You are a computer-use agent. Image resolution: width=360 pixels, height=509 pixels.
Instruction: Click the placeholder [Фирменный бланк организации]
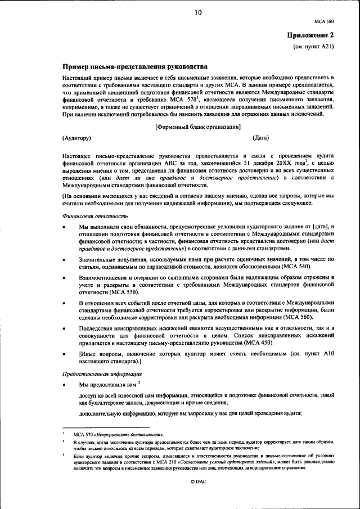click(x=198, y=127)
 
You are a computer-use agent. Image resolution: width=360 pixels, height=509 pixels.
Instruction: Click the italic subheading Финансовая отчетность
click(x=87, y=215)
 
